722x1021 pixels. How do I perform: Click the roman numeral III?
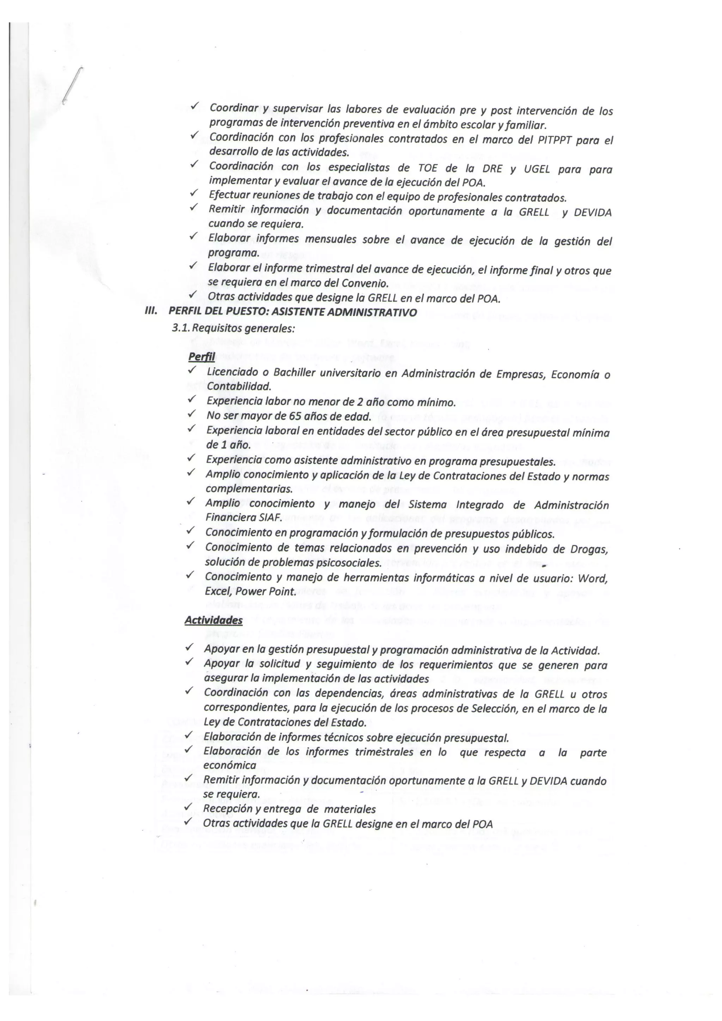pos(152,312)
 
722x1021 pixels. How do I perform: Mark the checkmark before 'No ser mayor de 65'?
pos(192,415)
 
